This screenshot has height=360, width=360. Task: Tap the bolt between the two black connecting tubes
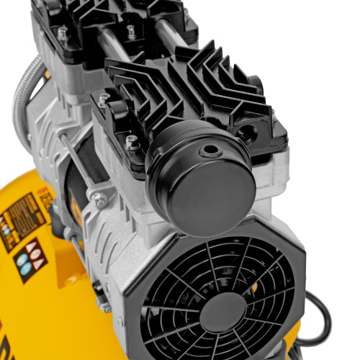(x=130, y=32)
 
